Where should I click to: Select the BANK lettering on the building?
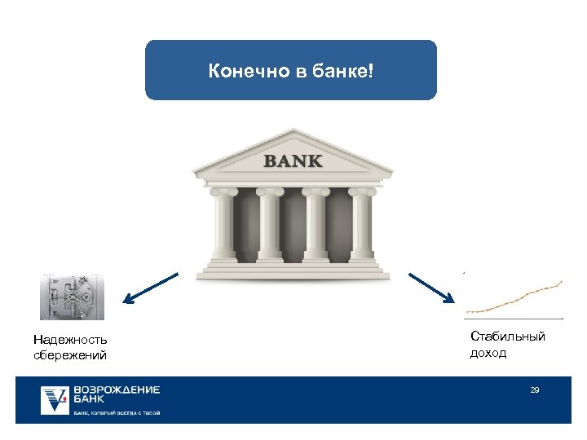[293, 161]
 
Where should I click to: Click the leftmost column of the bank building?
[223, 224]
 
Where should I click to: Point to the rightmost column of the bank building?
[360, 224]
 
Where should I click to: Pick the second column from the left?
[270, 224]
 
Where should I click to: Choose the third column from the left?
[315, 224]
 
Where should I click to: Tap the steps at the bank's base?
[293, 268]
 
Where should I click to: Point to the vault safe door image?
[73, 297]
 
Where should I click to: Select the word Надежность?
[70, 340]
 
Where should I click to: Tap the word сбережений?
[70, 354]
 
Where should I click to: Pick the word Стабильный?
[508, 337]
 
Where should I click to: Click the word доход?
[488, 353]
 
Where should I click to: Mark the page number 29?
[535, 390]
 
